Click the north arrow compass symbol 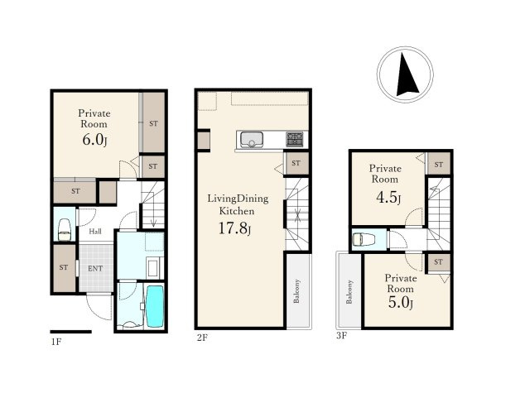tap(405, 74)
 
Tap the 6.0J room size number tap(94, 140)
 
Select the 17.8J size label tap(234, 228)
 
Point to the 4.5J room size tap(388, 198)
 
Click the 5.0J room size tap(401, 302)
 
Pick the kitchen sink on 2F tap(252, 140)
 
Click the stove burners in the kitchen tap(295, 140)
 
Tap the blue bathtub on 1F tap(155, 306)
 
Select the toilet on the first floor tap(65, 230)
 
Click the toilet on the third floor tap(364, 240)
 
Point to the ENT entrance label tap(95, 269)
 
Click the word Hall tap(95, 232)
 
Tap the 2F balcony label tap(296, 291)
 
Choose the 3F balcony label tap(349, 292)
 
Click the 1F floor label tap(56, 342)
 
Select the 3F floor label tap(341, 336)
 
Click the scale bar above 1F tap(71, 332)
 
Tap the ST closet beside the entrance tap(65, 268)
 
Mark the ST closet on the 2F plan tap(296, 164)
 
